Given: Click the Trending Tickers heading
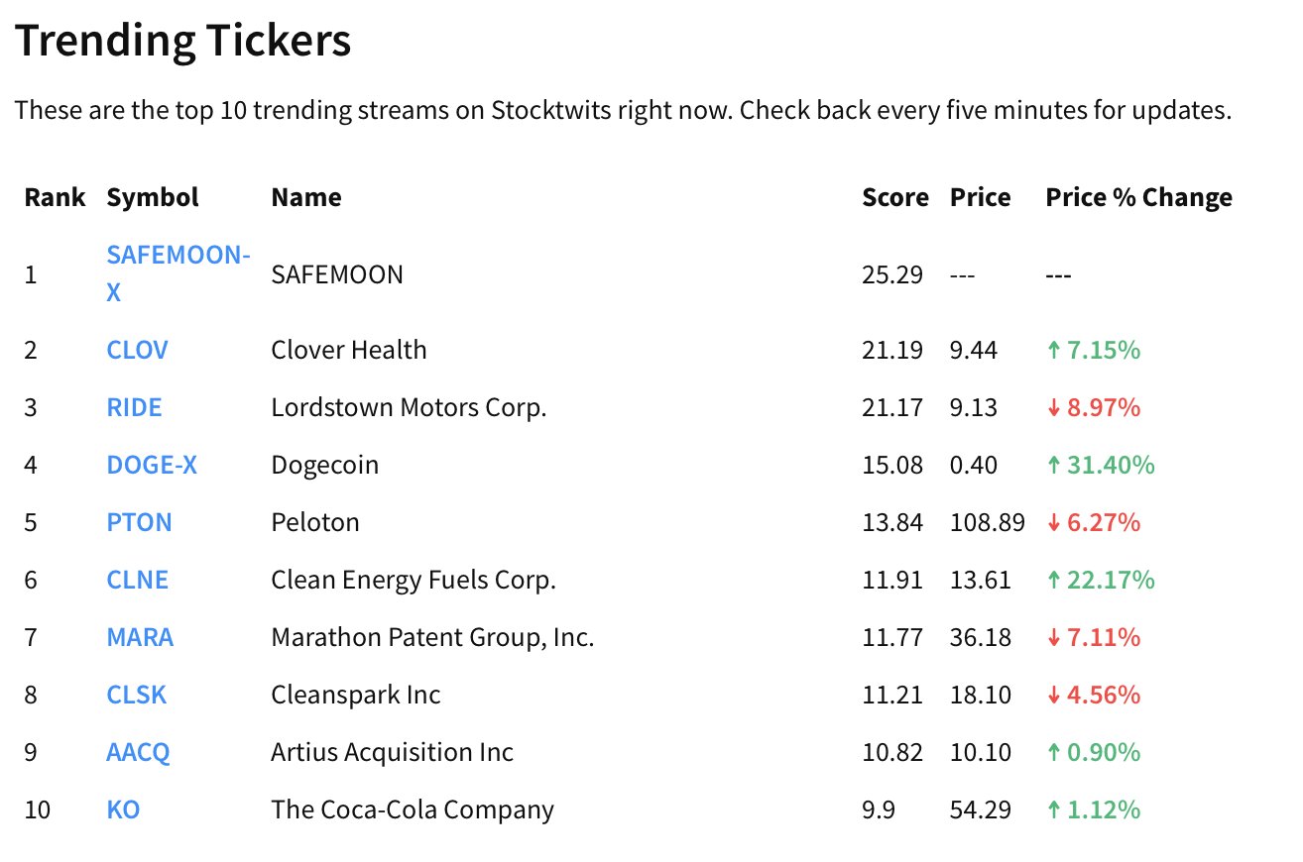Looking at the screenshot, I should (182, 42).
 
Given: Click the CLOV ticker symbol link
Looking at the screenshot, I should (137, 350).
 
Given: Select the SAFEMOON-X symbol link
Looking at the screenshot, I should (177, 256).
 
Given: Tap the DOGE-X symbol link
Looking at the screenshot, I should (152, 465).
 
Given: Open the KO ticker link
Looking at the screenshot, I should (123, 809).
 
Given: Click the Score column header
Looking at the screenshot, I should (894, 197).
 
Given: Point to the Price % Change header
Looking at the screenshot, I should (1137, 197).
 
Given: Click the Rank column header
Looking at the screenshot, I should (55, 197).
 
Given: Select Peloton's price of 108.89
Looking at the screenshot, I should (987, 522).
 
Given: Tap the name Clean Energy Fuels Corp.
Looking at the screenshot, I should (413, 580).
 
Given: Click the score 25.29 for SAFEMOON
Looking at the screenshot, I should (891, 274).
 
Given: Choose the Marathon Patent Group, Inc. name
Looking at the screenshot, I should (432, 637).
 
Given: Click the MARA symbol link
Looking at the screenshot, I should (140, 637).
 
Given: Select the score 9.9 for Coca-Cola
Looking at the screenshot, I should (879, 809).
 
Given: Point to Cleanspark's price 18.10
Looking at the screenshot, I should (980, 695).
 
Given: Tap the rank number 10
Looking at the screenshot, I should (37, 809).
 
